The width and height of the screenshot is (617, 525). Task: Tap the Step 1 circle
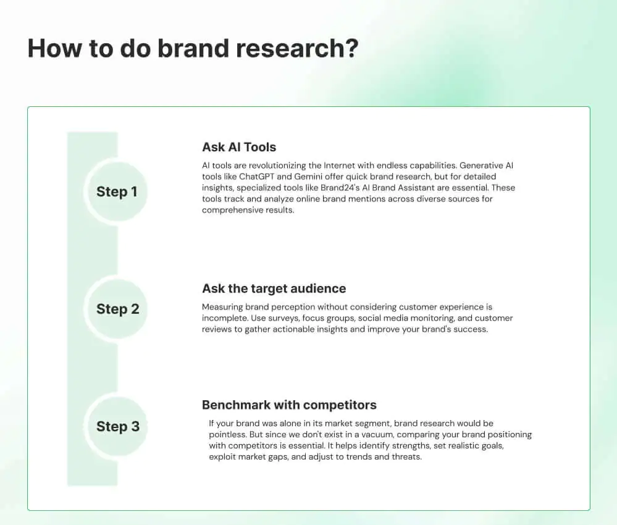coord(117,191)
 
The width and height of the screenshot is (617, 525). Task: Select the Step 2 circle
coord(117,309)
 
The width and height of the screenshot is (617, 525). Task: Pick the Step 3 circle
coord(117,426)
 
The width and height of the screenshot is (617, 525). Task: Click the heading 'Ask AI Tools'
coord(239,147)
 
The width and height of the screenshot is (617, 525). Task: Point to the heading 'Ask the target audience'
coord(274,288)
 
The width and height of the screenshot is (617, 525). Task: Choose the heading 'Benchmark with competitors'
coord(289,405)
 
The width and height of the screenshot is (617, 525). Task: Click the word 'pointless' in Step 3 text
coord(228,435)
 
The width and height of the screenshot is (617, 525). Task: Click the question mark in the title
coord(352,48)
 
